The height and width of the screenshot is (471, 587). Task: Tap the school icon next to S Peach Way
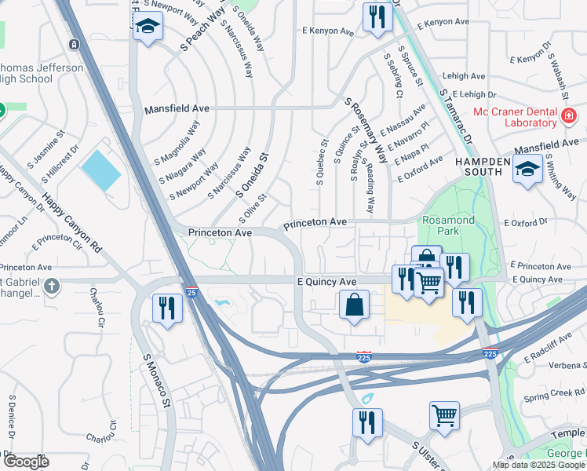[x=146, y=29]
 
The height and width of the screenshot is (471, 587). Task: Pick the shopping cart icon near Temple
[x=443, y=415]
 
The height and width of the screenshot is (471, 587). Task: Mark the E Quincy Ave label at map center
[x=326, y=281]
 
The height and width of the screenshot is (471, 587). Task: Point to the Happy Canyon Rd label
[x=73, y=224]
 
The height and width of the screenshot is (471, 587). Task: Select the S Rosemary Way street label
[x=366, y=130]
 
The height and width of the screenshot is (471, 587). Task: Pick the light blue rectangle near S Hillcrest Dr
[x=101, y=170]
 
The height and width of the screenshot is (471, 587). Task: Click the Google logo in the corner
[x=26, y=462]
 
